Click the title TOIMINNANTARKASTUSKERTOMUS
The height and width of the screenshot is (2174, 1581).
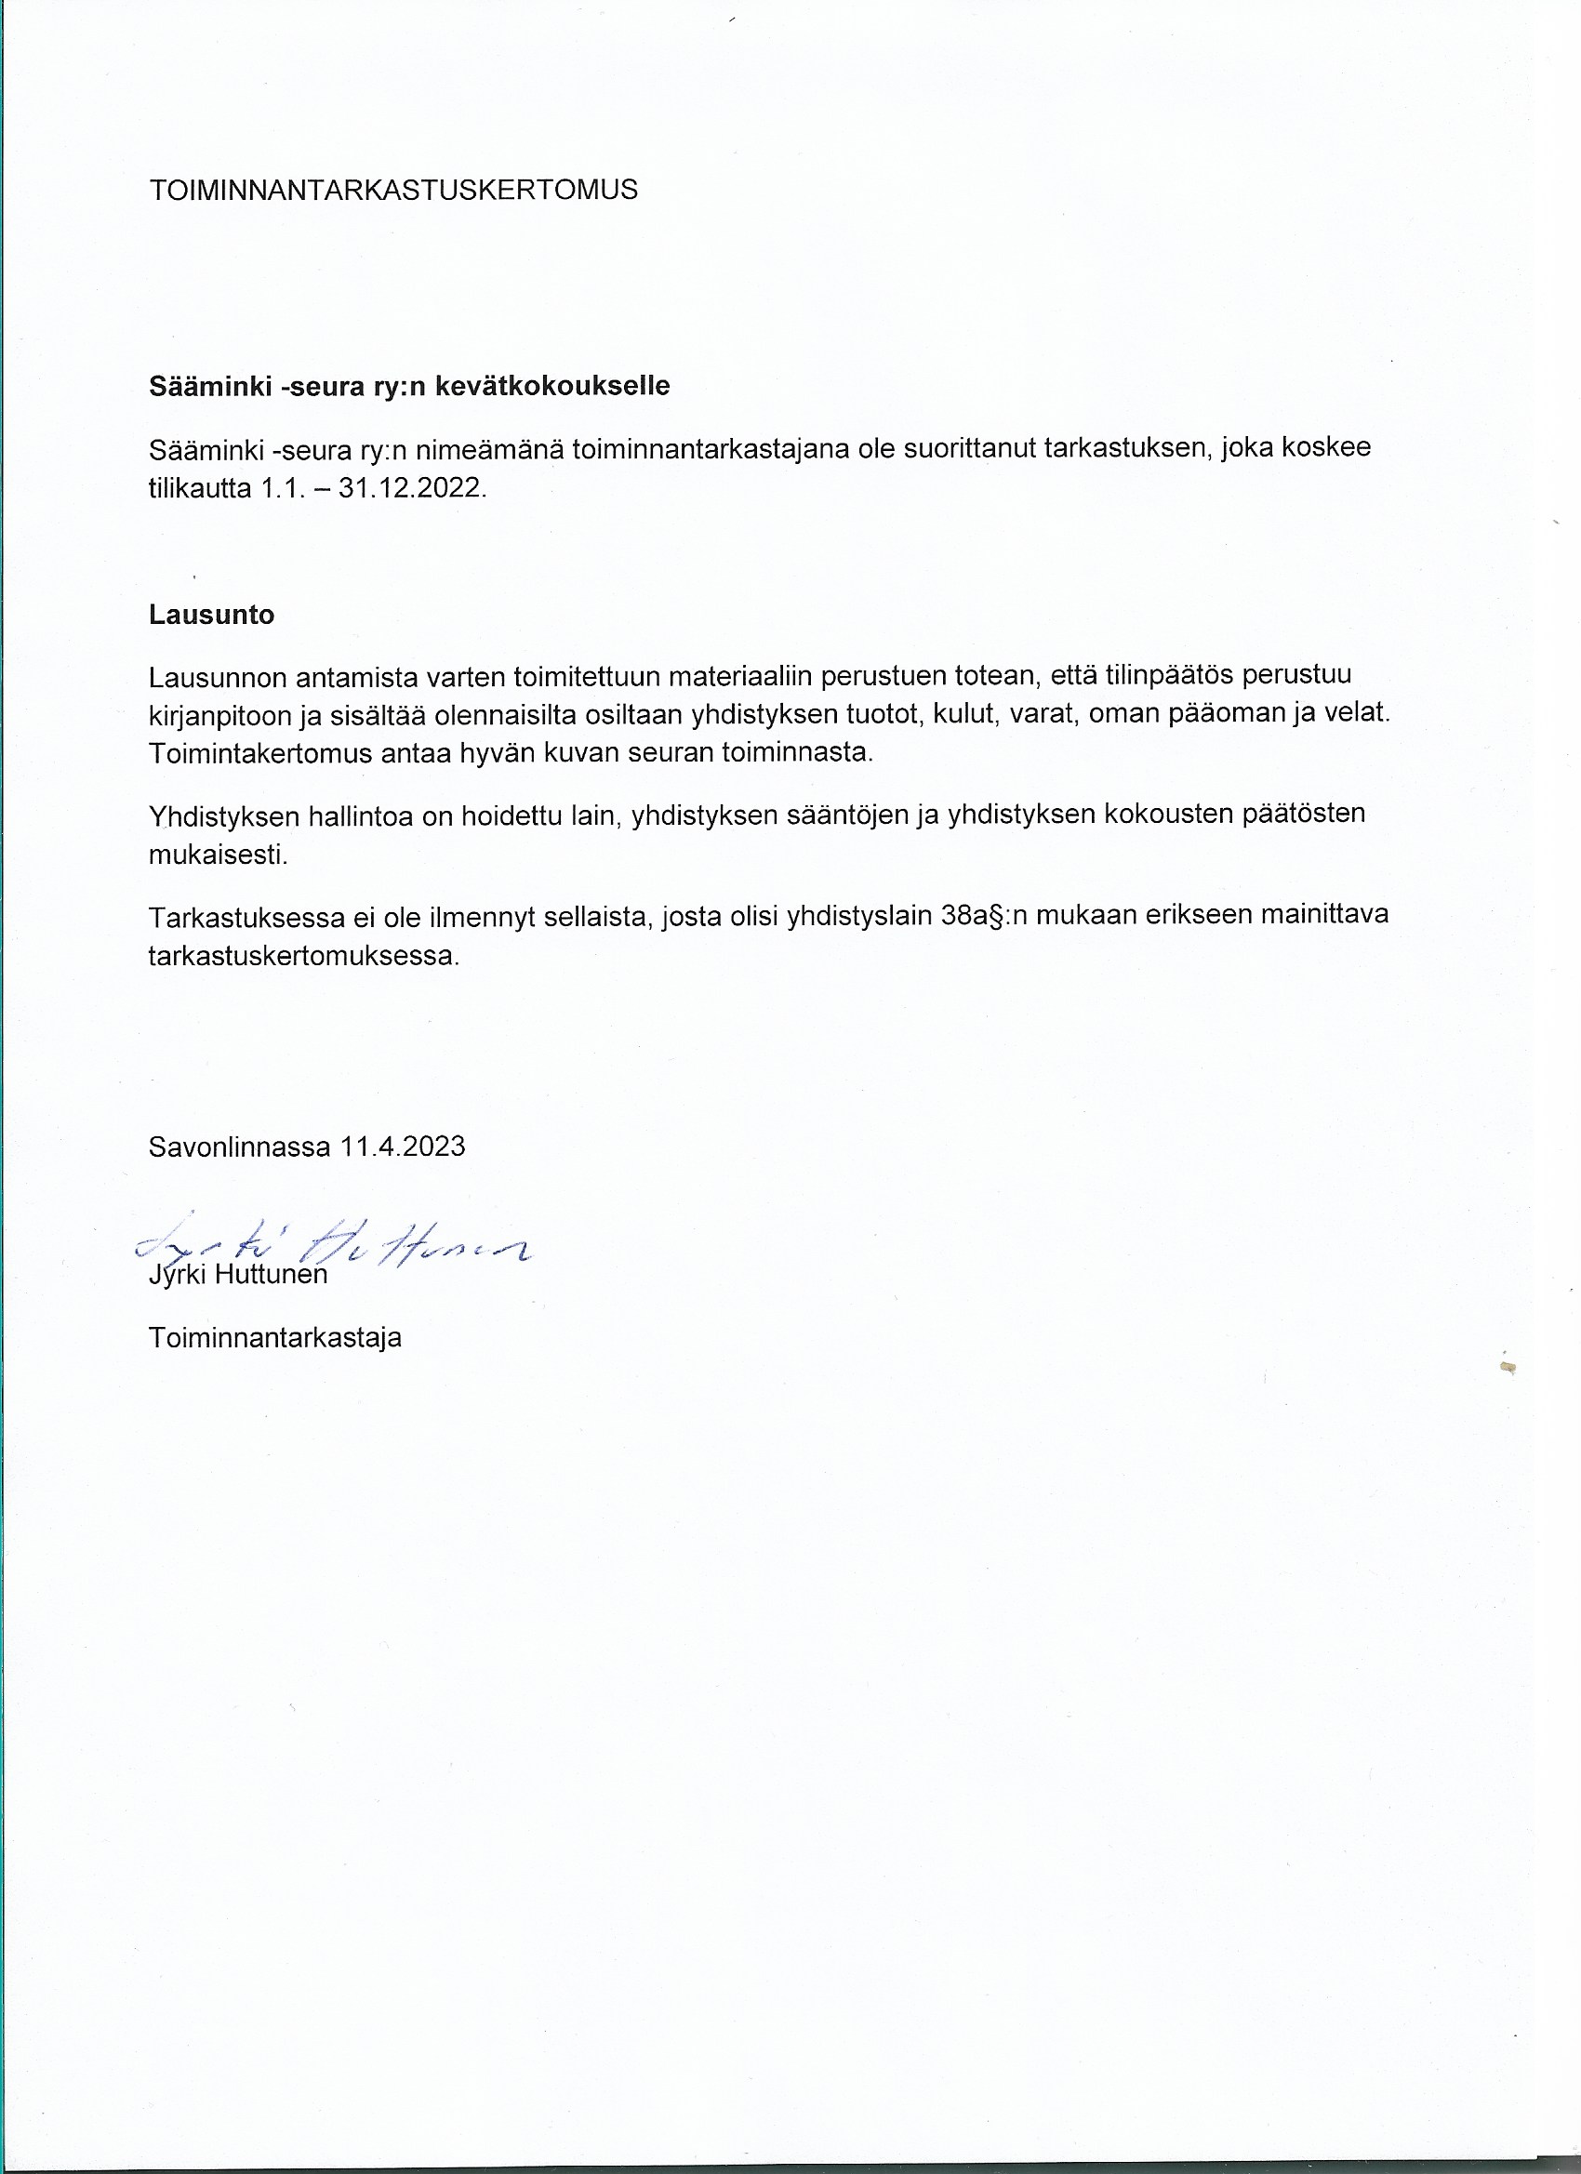(393, 190)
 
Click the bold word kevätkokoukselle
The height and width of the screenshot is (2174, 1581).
(552, 386)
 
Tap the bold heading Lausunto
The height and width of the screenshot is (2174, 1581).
(211, 616)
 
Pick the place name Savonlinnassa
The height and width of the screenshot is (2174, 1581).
(239, 1147)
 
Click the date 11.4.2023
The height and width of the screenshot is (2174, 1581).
(403, 1147)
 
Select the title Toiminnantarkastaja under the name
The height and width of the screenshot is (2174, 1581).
(275, 1338)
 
